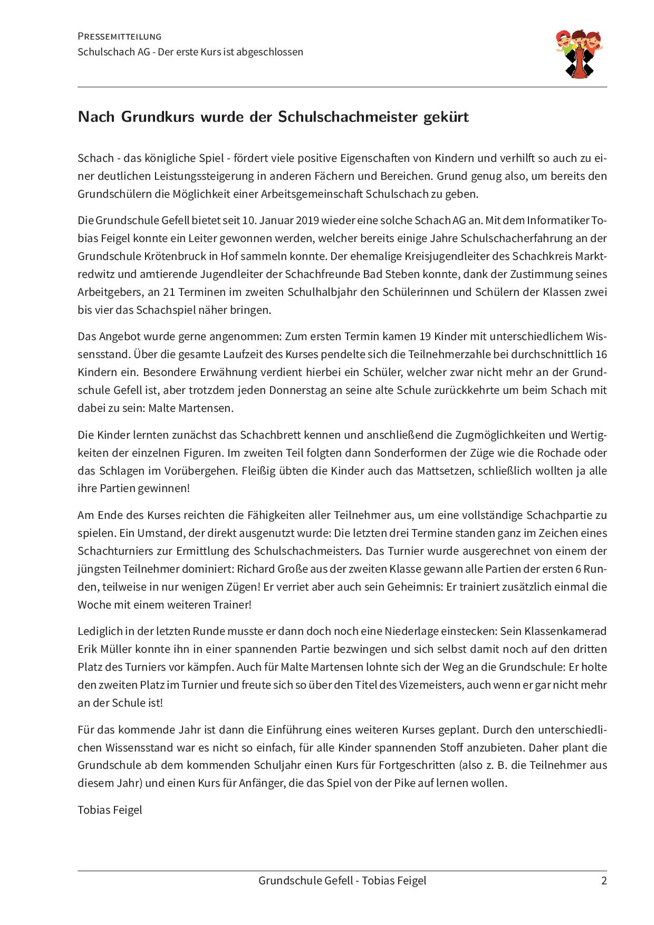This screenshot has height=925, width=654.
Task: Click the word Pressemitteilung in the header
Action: click(x=119, y=36)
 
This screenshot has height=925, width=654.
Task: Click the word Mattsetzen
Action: click(x=443, y=470)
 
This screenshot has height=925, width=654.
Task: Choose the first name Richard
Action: click(x=254, y=569)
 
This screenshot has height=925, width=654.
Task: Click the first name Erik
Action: click(x=88, y=649)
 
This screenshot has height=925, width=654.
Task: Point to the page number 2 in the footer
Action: click(x=604, y=880)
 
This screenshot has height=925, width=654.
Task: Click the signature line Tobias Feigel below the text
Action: click(x=110, y=810)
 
